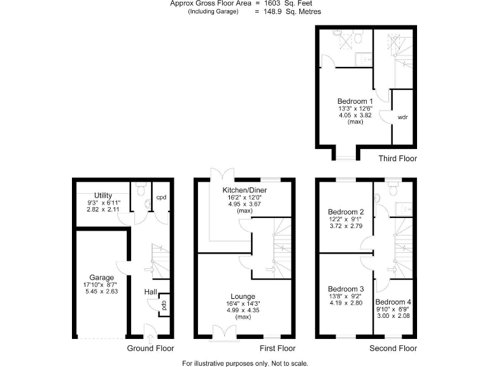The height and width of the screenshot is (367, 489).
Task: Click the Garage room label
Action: (101, 277)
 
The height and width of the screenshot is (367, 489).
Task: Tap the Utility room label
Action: (103, 195)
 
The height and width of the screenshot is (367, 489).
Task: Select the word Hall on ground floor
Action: (150, 292)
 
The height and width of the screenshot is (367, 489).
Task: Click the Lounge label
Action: (243, 296)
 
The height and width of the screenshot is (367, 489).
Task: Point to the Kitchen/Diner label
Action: (244, 191)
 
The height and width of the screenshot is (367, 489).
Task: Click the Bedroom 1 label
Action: (355, 101)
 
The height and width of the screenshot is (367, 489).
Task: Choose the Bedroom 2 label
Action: (346, 212)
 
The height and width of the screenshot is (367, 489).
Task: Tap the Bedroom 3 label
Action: (346, 289)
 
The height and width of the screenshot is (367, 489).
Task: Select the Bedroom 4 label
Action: (393, 301)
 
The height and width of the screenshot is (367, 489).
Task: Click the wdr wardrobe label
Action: (402, 118)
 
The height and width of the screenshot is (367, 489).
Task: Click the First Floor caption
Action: (278, 349)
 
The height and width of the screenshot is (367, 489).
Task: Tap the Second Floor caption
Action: (393, 349)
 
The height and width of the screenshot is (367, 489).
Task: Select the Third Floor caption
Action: (397, 158)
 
